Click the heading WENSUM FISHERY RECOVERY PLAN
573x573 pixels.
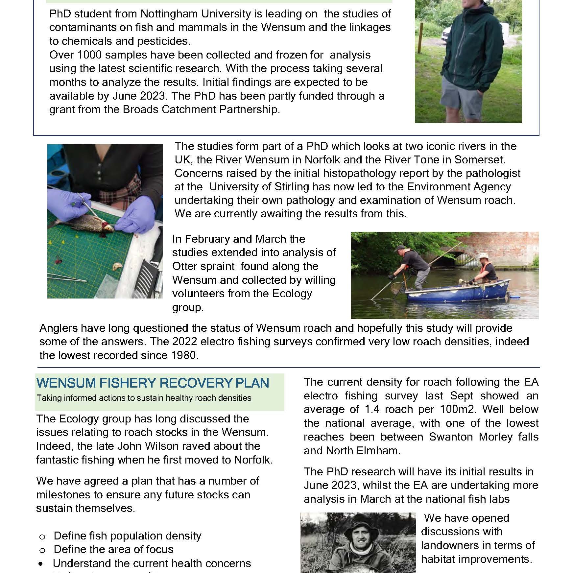153,383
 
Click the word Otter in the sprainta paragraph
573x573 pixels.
187,266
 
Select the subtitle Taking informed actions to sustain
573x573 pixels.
144,398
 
